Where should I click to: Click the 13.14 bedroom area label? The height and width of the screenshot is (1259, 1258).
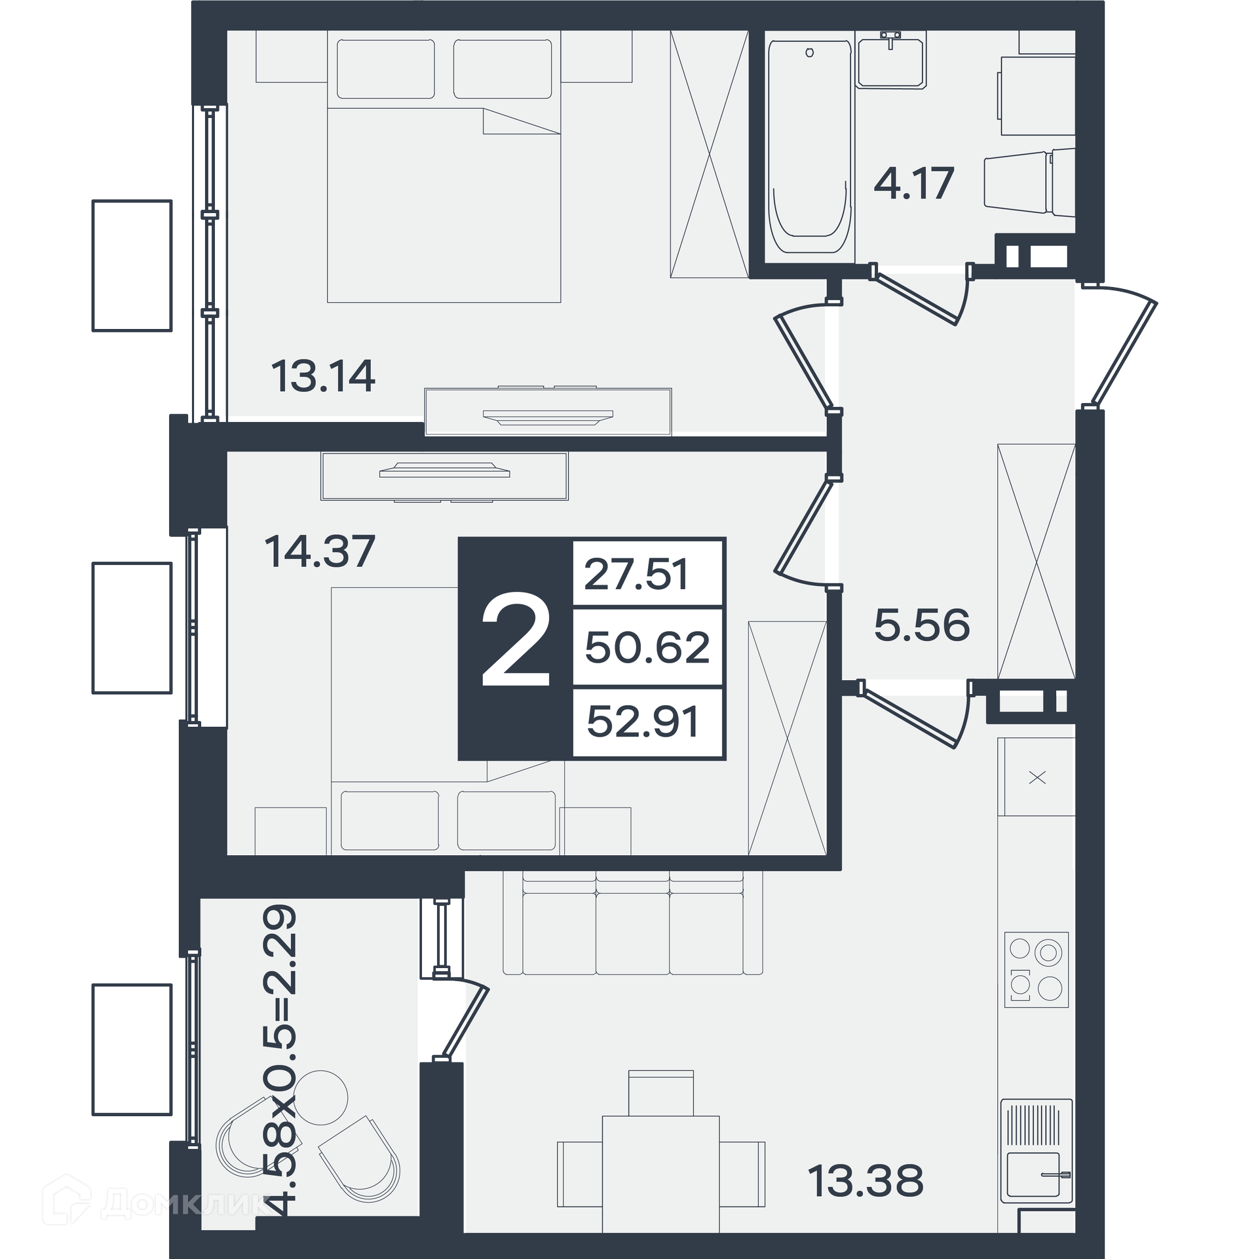[x=323, y=376]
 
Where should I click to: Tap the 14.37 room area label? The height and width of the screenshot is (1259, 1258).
[x=320, y=551]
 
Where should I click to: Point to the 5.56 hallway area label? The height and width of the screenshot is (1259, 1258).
[x=922, y=625]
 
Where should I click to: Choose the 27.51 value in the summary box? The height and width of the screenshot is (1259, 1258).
[x=636, y=575]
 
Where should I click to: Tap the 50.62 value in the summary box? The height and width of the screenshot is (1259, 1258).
[x=647, y=648]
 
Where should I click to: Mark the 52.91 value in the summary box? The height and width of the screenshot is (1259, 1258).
[x=643, y=722]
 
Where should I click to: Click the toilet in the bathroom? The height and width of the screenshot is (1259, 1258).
[x=1029, y=183]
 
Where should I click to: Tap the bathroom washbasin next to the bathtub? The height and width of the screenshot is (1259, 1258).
[x=890, y=60]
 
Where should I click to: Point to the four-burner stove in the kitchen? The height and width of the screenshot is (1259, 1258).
[x=1037, y=970]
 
